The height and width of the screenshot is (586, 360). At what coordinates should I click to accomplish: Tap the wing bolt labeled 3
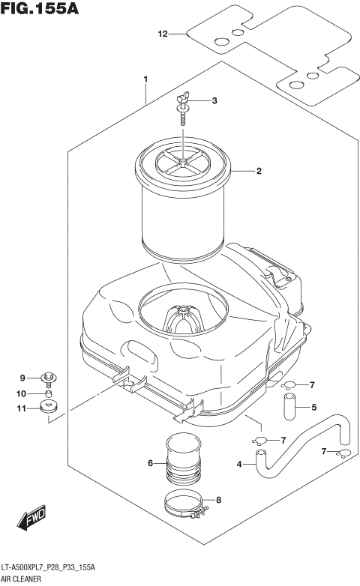click(x=183, y=103)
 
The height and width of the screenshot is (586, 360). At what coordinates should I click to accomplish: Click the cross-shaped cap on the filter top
click(x=183, y=160)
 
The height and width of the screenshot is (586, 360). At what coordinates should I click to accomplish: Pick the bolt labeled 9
click(x=50, y=378)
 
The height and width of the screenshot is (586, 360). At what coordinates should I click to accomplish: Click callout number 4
click(x=240, y=465)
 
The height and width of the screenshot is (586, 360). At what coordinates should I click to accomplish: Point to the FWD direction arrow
click(x=34, y=518)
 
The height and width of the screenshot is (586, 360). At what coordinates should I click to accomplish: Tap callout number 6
click(x=151, y=464)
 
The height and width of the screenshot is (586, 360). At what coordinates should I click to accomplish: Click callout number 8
click(x=218, y=500)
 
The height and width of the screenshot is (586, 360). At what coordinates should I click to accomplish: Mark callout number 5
click(x=315, y=408)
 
